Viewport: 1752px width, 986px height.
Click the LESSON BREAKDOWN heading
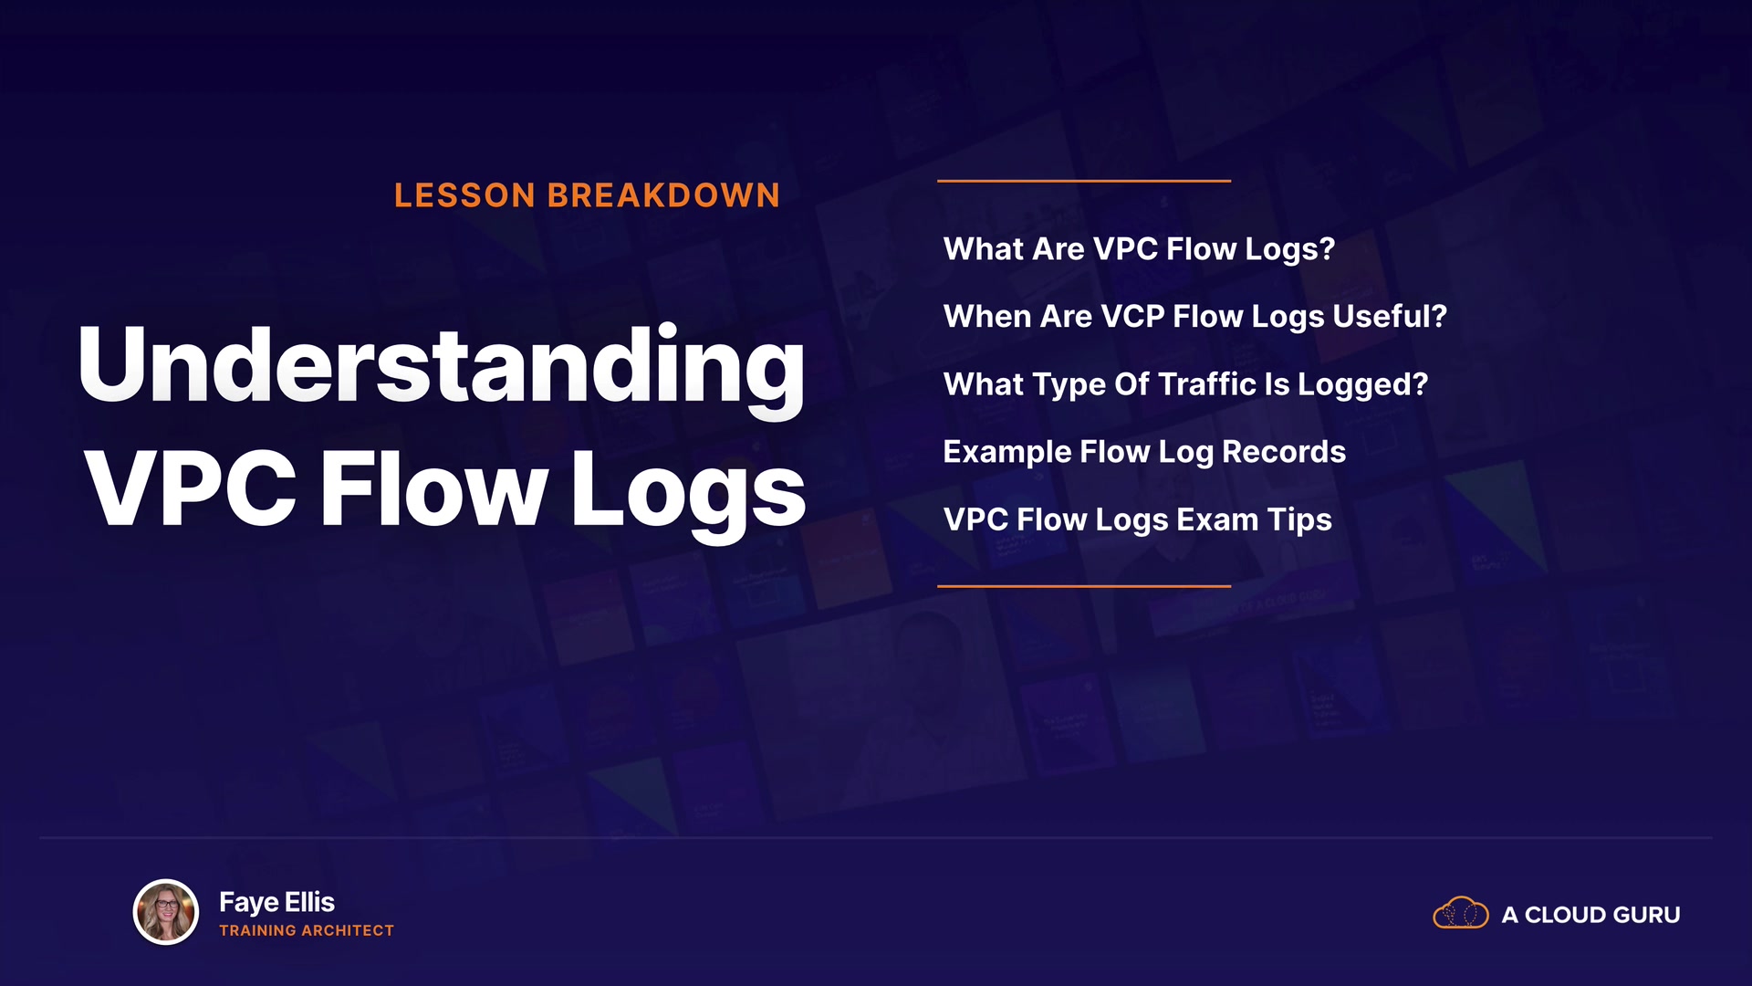point(587,195)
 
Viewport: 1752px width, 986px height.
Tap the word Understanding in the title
point(442,368)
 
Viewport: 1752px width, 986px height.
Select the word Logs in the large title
point(688,494)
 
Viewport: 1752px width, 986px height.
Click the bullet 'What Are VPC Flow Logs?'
point(1139,249)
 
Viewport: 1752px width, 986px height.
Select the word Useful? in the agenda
point(1390,316)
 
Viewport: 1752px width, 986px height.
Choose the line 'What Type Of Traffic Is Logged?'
point(1185,384)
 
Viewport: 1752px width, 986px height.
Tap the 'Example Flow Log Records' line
point(1144,452)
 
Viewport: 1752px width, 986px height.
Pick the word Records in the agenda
point(1283,451)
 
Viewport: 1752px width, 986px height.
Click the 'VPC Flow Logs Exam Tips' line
point(1138,519)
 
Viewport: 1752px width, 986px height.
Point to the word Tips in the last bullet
point(1299,519)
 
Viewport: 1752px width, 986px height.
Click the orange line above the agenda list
point(1084,181)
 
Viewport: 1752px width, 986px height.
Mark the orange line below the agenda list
point(1084,586)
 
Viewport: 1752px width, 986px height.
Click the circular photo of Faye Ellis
point(166,911)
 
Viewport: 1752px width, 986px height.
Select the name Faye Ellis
point(276,902)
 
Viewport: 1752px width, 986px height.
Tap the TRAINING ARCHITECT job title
point(307,930)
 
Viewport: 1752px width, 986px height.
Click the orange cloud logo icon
point(1461,913)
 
